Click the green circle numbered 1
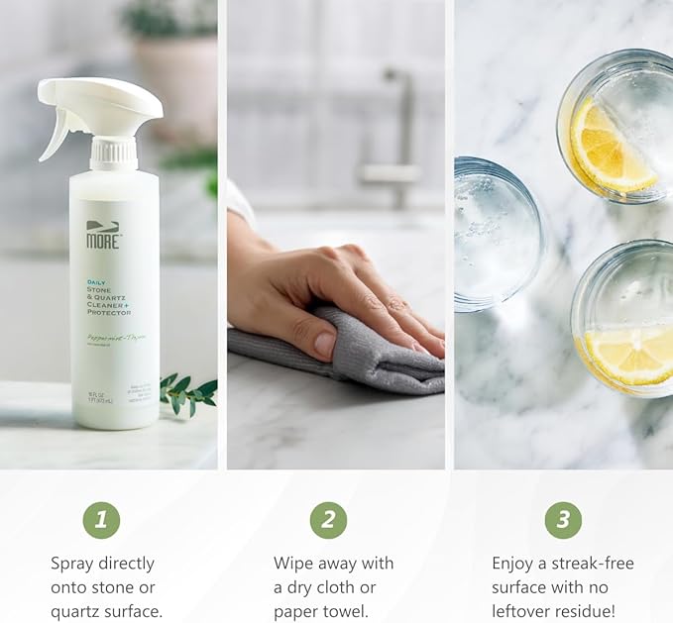101,520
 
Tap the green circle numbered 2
328,520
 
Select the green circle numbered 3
563,520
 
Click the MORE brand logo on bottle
103,235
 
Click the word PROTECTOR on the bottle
109,312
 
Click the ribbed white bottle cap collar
113,154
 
